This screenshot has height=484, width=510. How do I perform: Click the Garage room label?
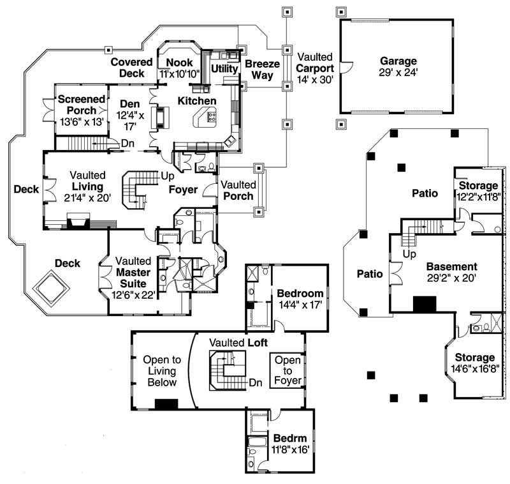tap(398, 61)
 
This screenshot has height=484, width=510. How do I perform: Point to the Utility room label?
tap(224, 68)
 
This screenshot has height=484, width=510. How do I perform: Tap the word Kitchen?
tap(196, 101)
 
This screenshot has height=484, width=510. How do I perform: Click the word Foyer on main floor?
tap(184, 190)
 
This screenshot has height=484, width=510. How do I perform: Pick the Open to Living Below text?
tap(161, 370)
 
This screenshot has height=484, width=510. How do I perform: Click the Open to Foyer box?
tap(288, 371)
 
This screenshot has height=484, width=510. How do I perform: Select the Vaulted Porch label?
tap(240, 190)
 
